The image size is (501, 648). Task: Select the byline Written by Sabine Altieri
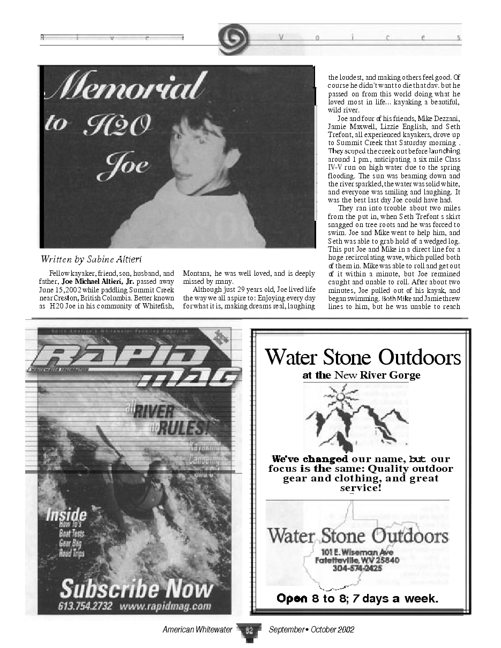(x=91, y=260)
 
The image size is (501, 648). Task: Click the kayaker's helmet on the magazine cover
(x=161, y=471)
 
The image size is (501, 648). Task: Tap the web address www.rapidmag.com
(x=165, y=606)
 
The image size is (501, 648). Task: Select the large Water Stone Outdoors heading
(x=363, y=356)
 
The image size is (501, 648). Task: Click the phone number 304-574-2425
(x=356, y=568)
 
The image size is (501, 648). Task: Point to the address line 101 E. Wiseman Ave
(x=357, y=552)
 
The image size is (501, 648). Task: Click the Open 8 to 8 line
(x=357, y=598)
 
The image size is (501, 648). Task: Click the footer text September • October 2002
(x=311, y=630)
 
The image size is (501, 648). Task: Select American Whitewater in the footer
(x=197, y=630)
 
